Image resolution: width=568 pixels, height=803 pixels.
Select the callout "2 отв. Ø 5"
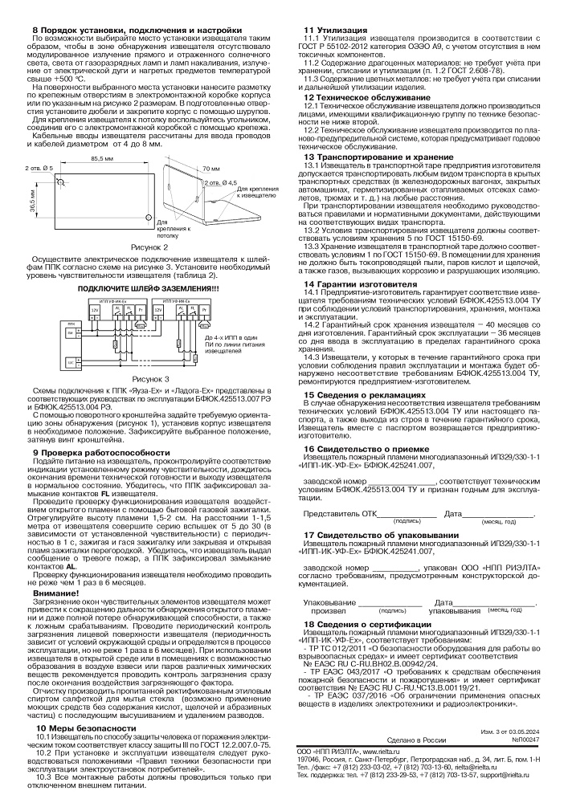[x=39, y=167]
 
